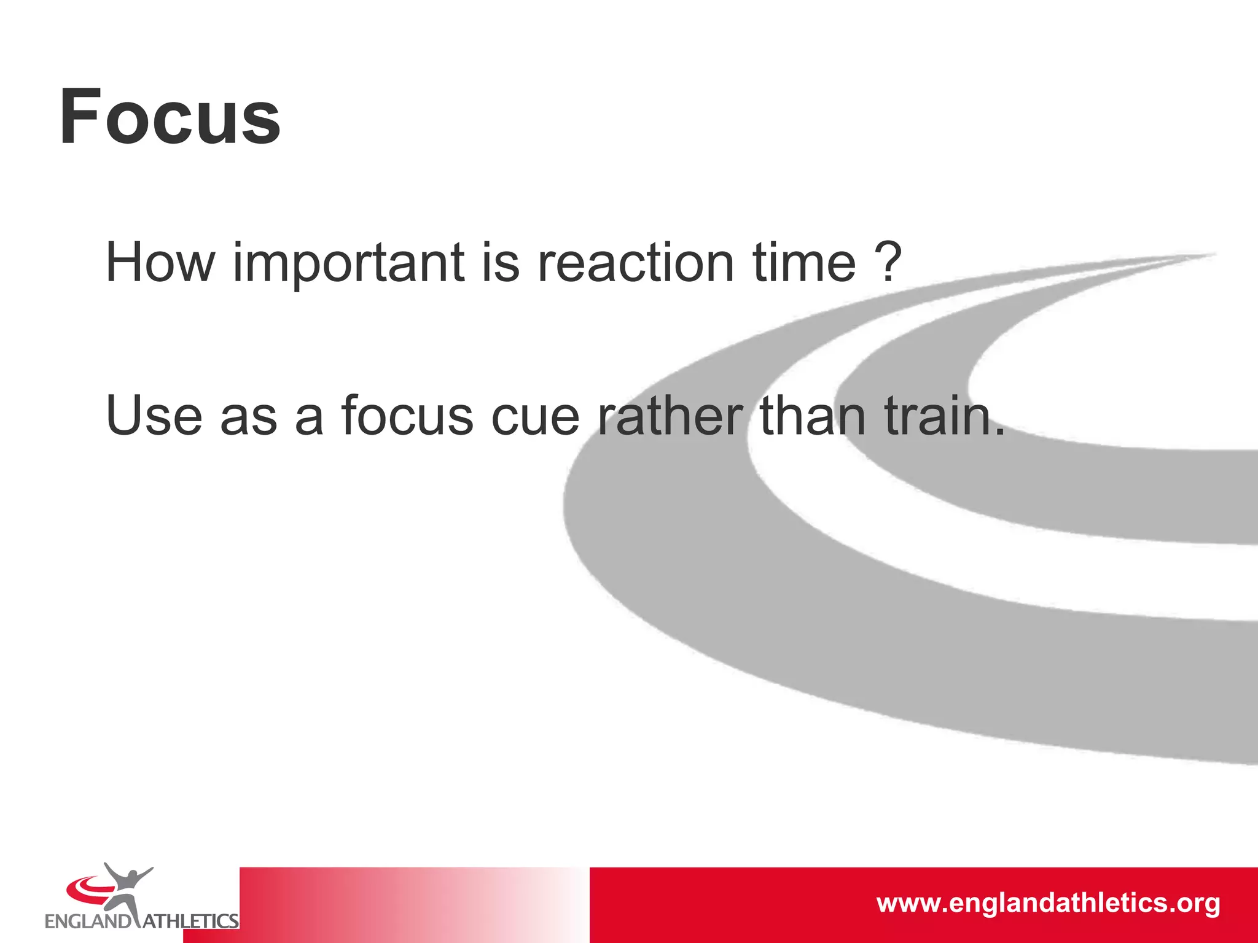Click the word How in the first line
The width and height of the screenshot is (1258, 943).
pos(160,263)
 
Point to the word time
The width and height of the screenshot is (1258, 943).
pos(804,263)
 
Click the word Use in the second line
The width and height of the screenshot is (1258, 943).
pos(154,416)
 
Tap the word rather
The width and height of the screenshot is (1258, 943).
pos(670,416)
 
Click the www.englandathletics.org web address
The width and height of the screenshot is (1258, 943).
pos(1048,903)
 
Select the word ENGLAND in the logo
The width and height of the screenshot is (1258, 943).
pos(88,922)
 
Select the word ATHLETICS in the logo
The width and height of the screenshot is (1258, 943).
pos(190,922)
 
